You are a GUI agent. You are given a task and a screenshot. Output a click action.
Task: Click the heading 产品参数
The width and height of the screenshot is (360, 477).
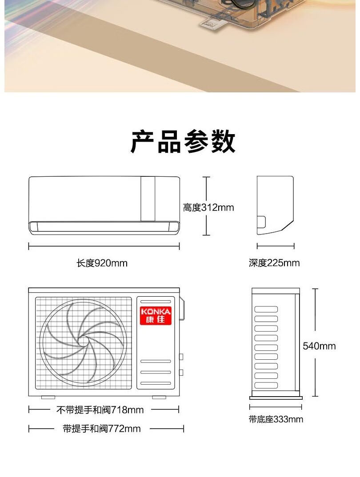[183, 143]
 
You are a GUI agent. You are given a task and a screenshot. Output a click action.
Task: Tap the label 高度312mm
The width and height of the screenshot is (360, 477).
[208, 207]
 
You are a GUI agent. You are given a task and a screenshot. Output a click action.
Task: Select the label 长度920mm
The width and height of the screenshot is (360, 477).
[102, 263]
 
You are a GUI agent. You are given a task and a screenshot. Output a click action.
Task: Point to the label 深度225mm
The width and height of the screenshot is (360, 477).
[274, 263]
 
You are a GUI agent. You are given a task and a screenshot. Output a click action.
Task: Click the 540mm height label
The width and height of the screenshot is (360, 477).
[319, 346]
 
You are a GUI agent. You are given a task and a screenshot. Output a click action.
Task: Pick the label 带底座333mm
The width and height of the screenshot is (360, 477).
[276, 419]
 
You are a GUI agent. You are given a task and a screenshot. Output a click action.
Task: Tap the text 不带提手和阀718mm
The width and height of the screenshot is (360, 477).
[100, 409]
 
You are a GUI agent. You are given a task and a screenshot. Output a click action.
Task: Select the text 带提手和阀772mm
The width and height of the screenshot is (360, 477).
[102, 429]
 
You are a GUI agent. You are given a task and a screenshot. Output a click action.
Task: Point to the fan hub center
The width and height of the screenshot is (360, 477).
[83, 341]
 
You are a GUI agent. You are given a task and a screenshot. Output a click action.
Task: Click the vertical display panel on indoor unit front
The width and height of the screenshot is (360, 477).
[148, 199]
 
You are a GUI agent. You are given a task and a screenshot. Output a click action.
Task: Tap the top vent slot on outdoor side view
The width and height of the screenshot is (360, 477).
[266, 309]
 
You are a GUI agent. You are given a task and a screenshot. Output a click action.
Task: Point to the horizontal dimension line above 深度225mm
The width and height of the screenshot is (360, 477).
[276, 246]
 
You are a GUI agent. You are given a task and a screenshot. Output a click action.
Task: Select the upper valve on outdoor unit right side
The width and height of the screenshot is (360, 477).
[181, 356]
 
